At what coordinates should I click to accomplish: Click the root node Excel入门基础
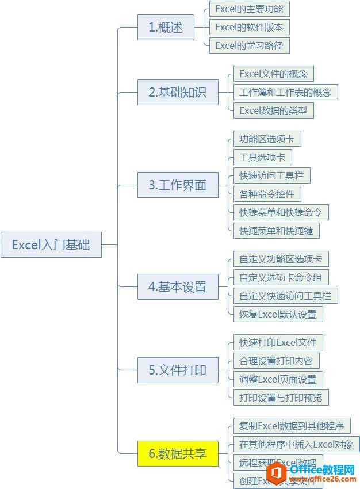coord(51,244)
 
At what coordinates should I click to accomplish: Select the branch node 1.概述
coord(166,27)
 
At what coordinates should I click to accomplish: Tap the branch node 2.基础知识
coord(178,92)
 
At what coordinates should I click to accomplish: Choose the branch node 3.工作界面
coord(178,185)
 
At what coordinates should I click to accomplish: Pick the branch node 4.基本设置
coord(178,286)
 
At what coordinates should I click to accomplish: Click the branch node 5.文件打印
coord(178,370)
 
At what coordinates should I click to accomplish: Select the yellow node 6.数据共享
coord(178,453)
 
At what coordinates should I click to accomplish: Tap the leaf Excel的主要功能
coord(249,9)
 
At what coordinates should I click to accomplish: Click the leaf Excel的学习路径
coord(249,45)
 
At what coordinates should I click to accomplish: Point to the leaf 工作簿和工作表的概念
coord(285,92)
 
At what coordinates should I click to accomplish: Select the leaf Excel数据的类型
coord(273,110)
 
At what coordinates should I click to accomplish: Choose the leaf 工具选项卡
coord(262,157)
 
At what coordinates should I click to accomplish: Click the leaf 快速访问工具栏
coord(271,175)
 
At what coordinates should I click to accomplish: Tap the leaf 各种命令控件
coord(267,194)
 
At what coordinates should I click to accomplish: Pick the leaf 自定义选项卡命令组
coord(281,277)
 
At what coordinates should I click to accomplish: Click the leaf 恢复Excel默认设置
coord(278,314)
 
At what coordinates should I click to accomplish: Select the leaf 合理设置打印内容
coord(276,361)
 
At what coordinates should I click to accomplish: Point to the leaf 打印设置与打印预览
coord(281,398)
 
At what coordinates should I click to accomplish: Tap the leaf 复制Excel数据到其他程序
coord(292,426)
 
